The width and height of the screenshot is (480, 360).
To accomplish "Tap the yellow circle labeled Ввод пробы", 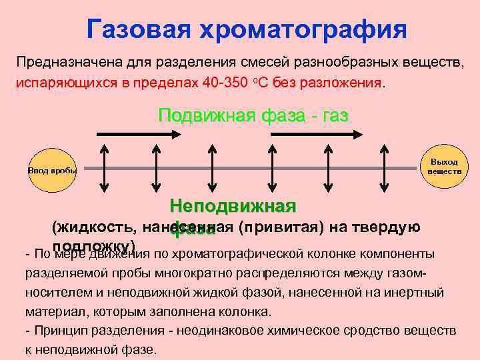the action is [x=52, y=170].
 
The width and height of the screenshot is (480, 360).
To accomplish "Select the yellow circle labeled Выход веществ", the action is [x=444, y=166].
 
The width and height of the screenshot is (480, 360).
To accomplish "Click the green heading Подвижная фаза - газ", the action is [x=253, y=115].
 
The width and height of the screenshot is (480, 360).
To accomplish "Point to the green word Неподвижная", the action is [x=233, y=205].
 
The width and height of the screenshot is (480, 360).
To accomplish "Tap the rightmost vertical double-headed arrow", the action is [x=381, y=169].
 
